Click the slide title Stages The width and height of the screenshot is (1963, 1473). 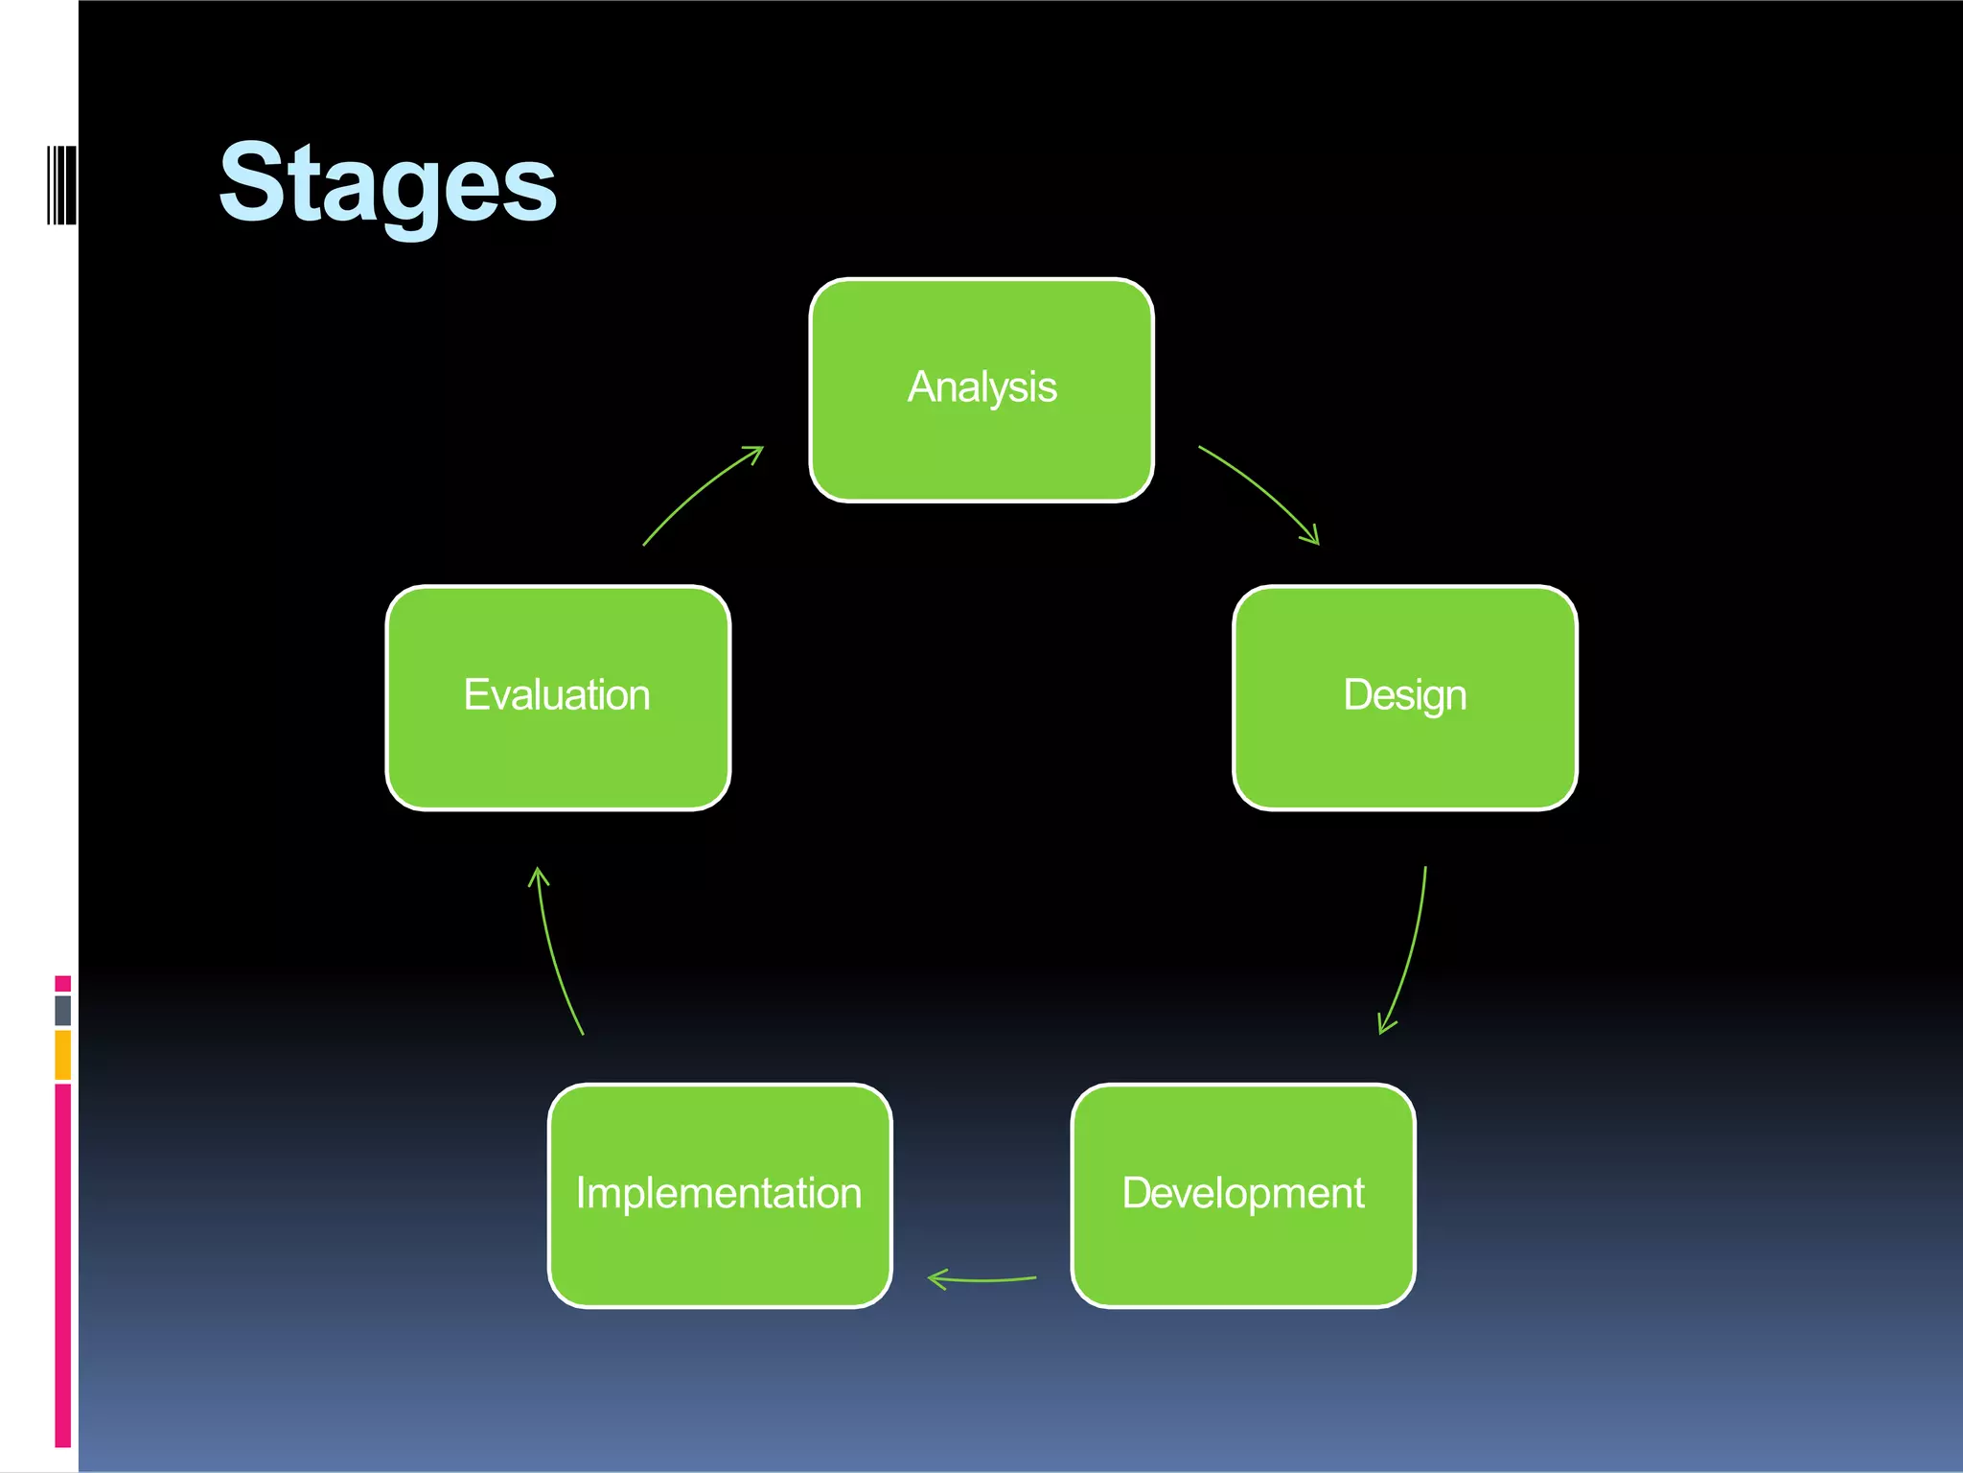[387, 182]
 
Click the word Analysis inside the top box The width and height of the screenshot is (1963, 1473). [981, 387]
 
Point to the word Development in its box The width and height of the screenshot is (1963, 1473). [1243, 1193]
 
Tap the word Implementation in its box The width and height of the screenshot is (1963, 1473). [719, 1193]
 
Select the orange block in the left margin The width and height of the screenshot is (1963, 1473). [63, 1055]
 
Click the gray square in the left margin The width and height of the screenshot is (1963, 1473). [63, 1010]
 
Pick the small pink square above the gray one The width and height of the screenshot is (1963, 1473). [63, 983]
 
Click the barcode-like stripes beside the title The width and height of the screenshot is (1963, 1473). [61, 184]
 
